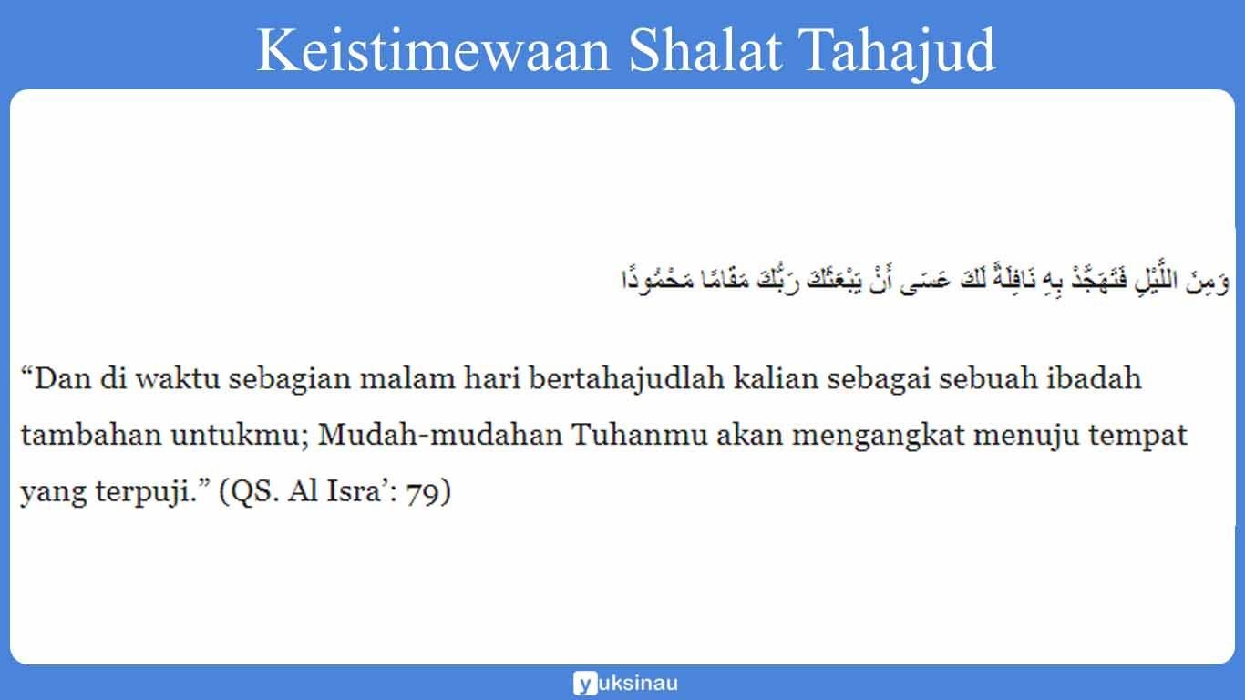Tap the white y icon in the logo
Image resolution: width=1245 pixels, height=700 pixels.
click(x=585, y=683)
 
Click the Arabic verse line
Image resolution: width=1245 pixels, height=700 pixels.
click(x=922, y=280)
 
